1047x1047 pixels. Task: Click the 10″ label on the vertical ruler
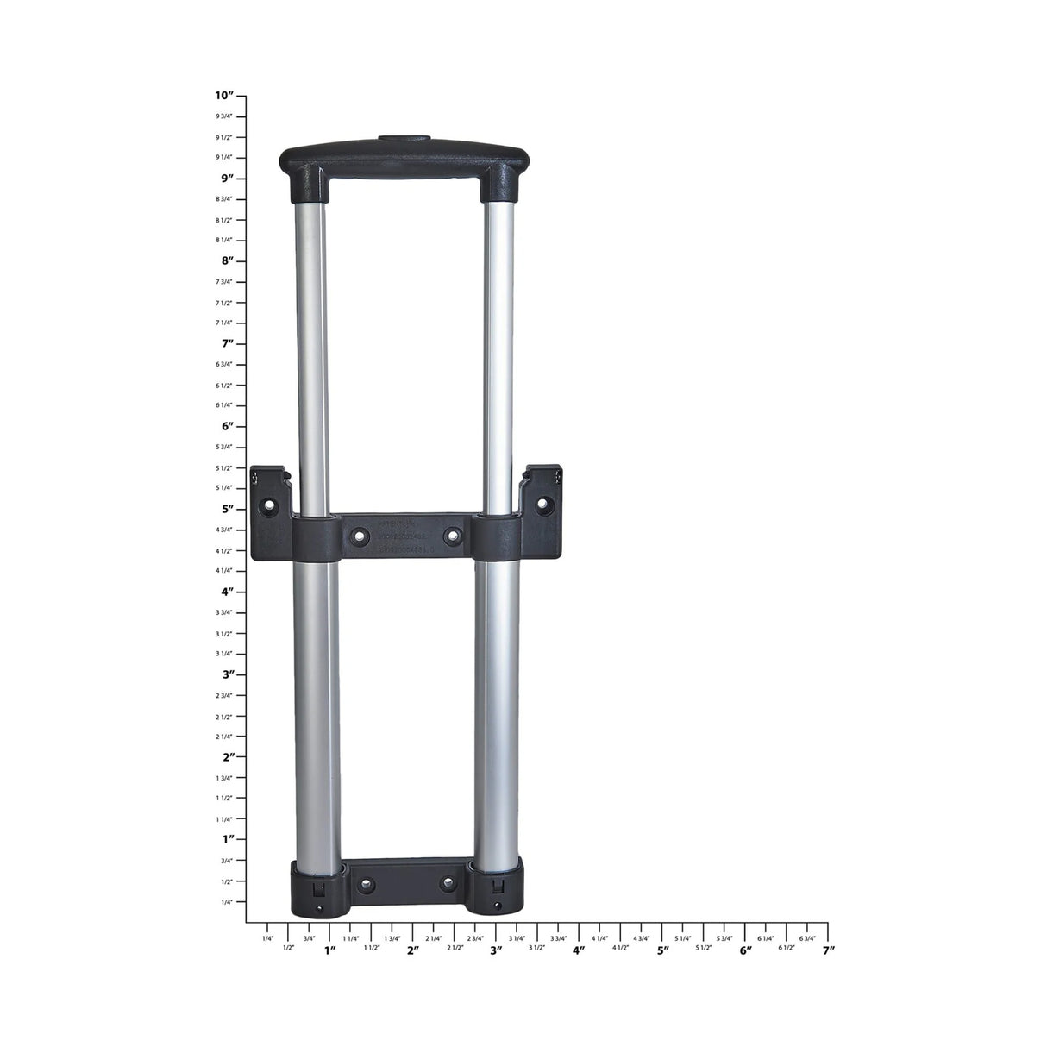224,96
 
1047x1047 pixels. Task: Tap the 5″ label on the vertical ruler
227,509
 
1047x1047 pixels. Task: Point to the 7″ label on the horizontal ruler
828,950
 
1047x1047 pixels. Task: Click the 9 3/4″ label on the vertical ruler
223,116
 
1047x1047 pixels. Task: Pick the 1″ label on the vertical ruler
227,839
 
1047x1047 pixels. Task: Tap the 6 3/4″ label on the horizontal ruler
807,938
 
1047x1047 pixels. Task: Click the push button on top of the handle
403,138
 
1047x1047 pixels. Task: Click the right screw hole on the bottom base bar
447,882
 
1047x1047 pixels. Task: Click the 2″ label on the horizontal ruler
413,950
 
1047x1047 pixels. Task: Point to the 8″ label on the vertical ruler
227,260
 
